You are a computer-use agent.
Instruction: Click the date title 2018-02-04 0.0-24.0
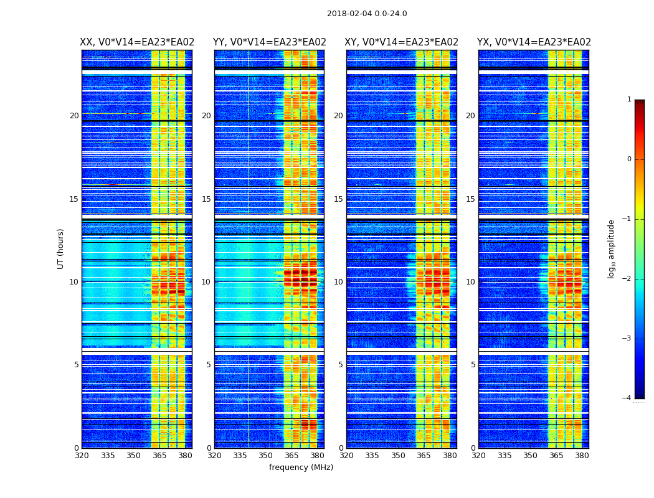point(367,14)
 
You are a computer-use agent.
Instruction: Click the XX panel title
point(137,42)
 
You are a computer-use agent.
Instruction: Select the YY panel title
point(269,42)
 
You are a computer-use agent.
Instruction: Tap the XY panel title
point(401,42)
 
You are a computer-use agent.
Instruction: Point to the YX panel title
point(534,42)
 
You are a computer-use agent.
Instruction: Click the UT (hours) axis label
point(61,248)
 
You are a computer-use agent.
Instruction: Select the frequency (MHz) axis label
point(301,467)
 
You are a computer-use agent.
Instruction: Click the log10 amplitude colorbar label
point(612,248)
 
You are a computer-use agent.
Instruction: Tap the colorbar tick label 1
point(628,100)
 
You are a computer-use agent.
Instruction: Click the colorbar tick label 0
point(628,159)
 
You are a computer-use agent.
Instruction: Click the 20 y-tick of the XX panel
point(74,116)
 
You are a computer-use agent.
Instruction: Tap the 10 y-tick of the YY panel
point(206,282)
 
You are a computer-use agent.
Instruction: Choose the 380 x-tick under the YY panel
point(317,456)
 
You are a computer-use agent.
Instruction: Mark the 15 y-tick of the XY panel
point(338,199)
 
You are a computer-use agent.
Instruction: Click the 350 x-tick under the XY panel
point(398,456)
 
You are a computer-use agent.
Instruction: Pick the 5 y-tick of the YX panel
point(473,365)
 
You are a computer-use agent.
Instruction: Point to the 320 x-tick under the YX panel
point(479,456)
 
